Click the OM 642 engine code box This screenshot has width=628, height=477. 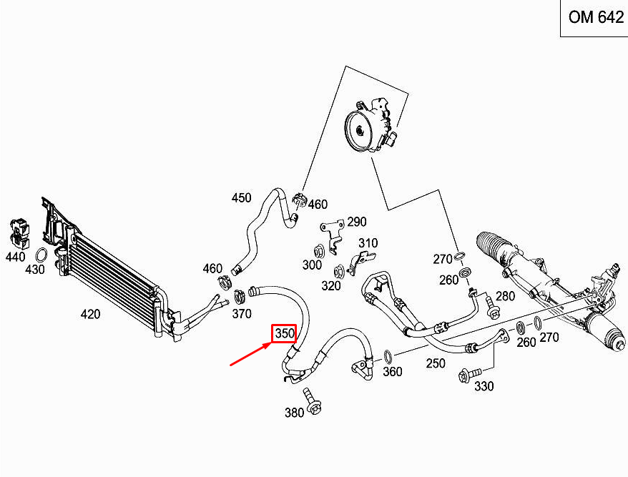coord(595,18)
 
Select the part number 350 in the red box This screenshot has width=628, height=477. coord(284,333)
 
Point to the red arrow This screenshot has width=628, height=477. coord(250,352)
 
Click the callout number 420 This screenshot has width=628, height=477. coord(90,314)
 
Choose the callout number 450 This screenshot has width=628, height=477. coord(241,198)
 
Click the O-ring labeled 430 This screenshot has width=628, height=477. coord(42,256)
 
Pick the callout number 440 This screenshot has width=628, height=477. coord(14,255)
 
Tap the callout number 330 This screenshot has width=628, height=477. coord(484,387)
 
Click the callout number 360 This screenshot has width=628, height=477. coord(393,371)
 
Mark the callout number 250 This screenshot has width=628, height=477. coord(436,363)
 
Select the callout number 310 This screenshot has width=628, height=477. coord(368,243)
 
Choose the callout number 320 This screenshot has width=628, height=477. coord(331,286)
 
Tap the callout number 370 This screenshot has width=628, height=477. coord(242,314)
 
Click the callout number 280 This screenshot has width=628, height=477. coord(505,296)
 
